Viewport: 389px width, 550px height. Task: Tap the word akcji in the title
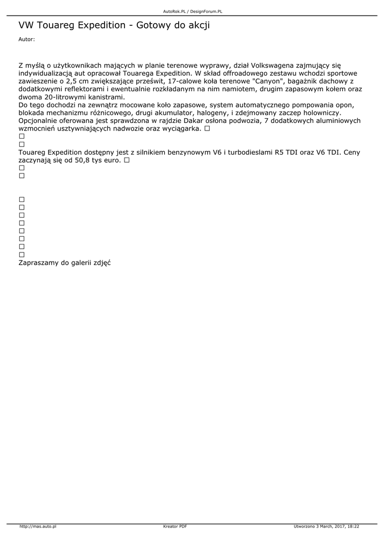pos(197,25)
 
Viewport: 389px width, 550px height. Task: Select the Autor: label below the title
pos(26,39)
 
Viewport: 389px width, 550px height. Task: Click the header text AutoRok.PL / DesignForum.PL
pos(193,11)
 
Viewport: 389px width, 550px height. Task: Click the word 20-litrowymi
pos(67,97)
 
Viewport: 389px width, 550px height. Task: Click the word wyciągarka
pos(180,129)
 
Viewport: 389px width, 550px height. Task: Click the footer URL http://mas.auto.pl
pos(38,526)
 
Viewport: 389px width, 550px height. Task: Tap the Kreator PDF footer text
pos(175,526)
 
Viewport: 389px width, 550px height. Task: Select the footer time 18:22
pos(353,526)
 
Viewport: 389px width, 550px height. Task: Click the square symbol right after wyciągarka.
pos(207,129)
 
